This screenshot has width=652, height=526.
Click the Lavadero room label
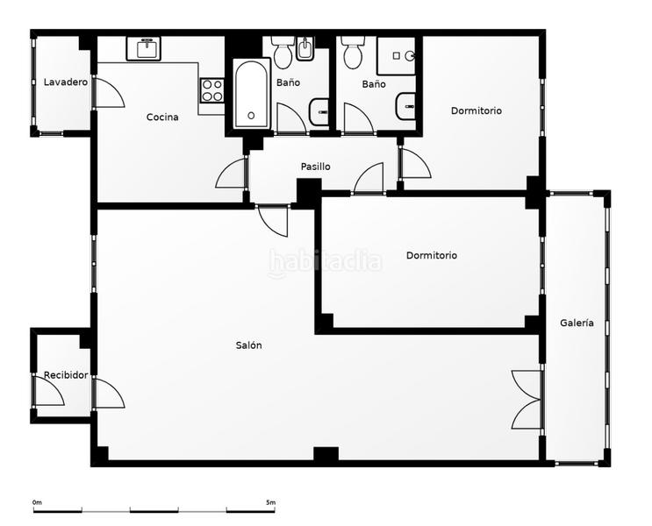[66, 82]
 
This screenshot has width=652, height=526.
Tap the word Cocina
[162, 117]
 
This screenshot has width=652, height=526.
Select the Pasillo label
[315, 167]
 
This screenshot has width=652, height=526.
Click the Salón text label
[248, 345]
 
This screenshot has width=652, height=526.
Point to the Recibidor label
[66, 375]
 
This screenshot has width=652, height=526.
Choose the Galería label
[577, 323]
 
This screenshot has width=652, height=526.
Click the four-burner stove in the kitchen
[211, 90]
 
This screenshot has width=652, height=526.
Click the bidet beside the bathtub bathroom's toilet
[305, 51]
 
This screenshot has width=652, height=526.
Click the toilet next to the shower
[353, 54]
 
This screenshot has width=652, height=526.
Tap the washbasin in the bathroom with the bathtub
[320, 111]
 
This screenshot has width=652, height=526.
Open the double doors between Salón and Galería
[527, 398]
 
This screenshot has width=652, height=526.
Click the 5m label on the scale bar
[270, 502]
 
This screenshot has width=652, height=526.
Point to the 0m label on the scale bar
[37, 502]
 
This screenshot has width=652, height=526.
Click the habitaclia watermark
[325, 261]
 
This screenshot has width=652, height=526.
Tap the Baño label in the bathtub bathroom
[287, 82]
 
